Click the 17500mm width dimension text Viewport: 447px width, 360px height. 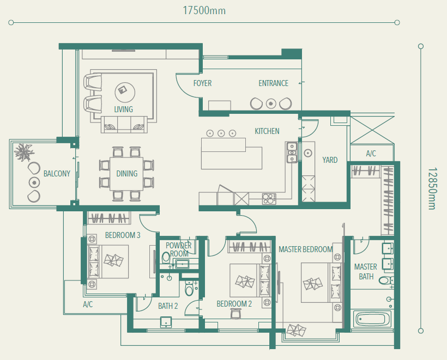coord(204,10)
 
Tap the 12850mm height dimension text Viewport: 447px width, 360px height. coord(432,188)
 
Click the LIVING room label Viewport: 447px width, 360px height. coord(123,109)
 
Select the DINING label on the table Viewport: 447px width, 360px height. coord(127,173)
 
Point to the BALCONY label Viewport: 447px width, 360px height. coord(57,173)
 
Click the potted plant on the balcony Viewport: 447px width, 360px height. coord(24,152)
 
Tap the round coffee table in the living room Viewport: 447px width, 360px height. coord(125,92)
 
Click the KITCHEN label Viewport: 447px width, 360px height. coord(267,131)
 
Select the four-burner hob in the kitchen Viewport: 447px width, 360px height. coord(269,199)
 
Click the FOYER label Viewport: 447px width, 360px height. coord(202,83)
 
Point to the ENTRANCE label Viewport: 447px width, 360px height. coord(274,83)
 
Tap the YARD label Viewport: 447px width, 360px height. coord(330,160)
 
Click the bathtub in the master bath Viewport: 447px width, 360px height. coord(372,319)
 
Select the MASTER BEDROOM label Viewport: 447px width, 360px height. coord(305,249)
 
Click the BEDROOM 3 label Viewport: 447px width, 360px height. coord(123,235)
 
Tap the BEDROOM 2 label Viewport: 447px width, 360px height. coord(234,303)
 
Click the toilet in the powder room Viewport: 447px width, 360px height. coord(165,258)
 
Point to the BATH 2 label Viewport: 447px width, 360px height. coord(168,306)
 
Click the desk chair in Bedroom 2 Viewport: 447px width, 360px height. coord(235,314)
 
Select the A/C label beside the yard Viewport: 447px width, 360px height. coord(371,154)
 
